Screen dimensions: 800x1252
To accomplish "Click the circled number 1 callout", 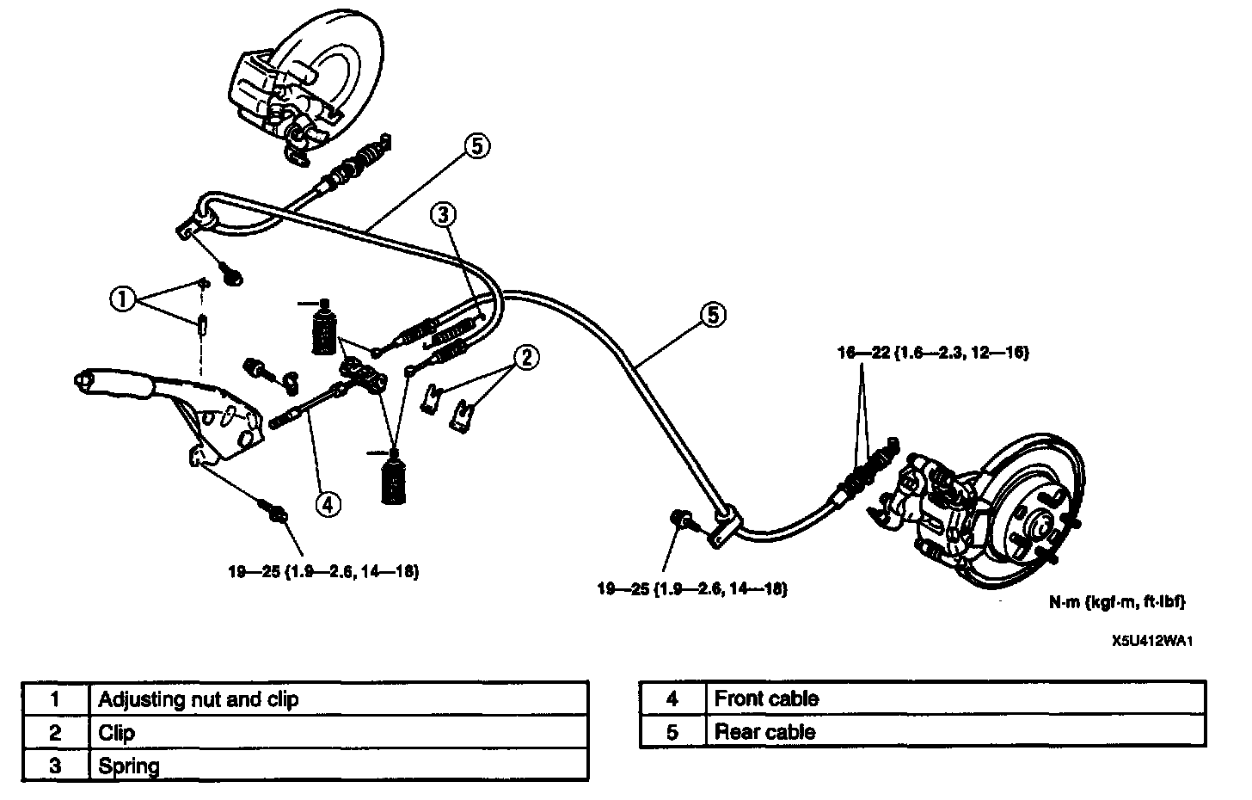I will coord(123,299).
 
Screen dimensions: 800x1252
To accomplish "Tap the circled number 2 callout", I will coord(525,357).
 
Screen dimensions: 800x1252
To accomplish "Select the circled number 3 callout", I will coord(443,215).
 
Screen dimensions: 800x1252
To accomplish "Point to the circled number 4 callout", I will coord(327,503).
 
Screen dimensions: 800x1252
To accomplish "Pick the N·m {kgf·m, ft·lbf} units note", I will coord(1117,602).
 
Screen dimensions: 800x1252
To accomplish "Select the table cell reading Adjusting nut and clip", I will coord(199,699).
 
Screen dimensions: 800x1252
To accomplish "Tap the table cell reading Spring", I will coord(129,765).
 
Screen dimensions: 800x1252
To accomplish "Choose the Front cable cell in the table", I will coord(766,698).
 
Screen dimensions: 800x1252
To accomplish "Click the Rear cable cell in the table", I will coord(764,732).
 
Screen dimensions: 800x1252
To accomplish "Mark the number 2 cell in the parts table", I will coord(56,733).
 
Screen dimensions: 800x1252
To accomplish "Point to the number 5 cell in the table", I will coord(672,732).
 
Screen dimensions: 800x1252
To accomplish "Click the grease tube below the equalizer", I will coord(394,477).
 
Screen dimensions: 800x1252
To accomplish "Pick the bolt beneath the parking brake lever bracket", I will coord(278,514).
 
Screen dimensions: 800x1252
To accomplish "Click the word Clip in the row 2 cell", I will coord(117,733).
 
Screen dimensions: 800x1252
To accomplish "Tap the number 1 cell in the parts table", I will coord(56,699).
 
